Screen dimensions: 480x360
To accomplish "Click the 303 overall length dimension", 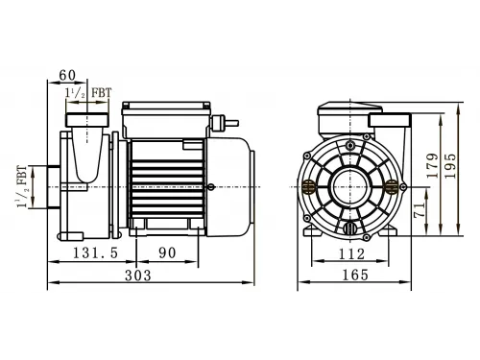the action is click(x=138, y=276).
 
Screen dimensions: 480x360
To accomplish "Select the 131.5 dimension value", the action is click(x=96, y=253).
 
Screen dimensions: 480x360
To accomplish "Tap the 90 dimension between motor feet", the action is click(x=167, y=253).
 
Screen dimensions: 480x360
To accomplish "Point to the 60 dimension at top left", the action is click(x=67, y=76).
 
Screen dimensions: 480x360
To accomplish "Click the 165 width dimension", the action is click(x=355, y=275).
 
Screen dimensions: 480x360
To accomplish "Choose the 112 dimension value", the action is click(x=351, y=254).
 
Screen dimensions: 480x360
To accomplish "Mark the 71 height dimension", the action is click(x=420, y=209).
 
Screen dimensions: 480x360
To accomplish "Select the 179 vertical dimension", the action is click(x=432, y=166).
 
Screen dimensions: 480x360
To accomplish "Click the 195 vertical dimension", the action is click(x=449, y=166).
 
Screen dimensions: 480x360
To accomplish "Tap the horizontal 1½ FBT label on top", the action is click(x=88, y=93).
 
